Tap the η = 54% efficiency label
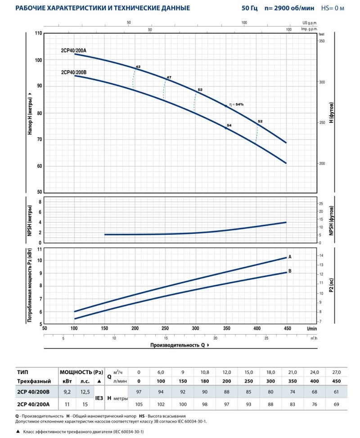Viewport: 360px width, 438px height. coord(236,104)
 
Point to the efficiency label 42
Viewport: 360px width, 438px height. coord(138,67)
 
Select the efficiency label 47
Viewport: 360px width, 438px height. coord(169,78)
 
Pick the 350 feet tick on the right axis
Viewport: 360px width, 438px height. coord(322,41)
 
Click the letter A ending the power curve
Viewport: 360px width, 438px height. coord(290,257)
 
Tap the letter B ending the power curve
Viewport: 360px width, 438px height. coord(290,271)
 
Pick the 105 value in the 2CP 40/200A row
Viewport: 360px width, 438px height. coord(139,403)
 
